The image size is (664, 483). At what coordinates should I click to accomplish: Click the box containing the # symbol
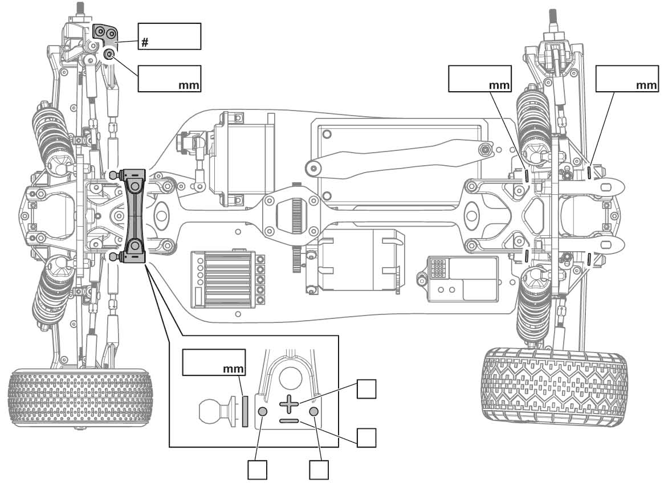click(169, 36)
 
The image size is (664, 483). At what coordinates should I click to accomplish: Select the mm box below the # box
click(169, 78)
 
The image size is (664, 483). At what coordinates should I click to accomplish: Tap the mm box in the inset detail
click(214, 362)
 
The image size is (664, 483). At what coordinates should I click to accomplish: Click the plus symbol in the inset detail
click(289, 404)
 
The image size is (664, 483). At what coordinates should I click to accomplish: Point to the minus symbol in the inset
click(289, 421)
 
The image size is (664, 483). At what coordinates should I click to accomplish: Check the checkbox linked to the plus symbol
click(366, 390)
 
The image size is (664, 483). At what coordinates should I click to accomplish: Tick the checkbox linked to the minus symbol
click(366, 437)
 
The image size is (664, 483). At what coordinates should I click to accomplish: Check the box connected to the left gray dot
click(257, 470)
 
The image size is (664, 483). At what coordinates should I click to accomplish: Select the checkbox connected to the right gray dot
click(319, 470)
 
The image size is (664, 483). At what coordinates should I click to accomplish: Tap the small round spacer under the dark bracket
click(109, 54)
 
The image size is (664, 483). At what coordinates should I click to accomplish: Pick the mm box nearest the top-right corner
click(626, 78)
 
